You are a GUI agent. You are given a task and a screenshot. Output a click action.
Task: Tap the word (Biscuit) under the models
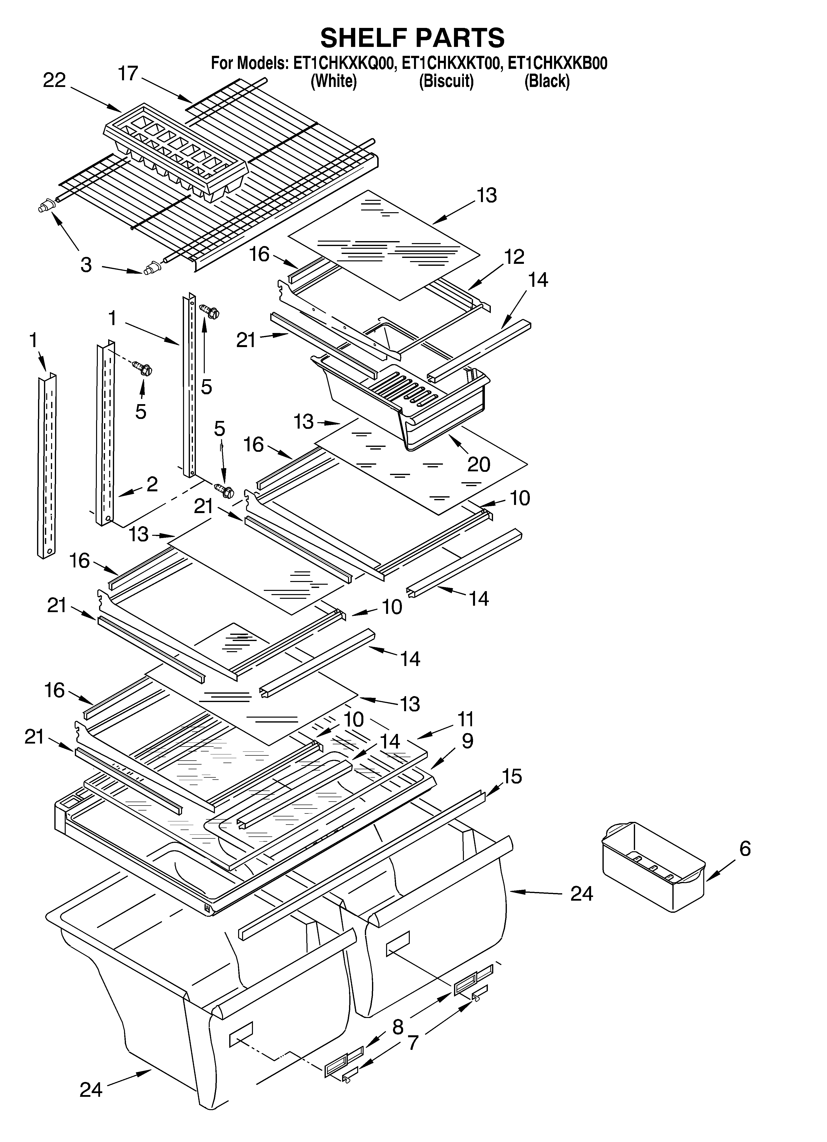tap(446, 81)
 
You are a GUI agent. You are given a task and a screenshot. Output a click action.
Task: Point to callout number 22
tap(54, 81)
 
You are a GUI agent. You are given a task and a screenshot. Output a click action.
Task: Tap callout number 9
tap(467, 741)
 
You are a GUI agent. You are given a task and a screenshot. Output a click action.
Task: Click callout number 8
tap(398, 1027)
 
